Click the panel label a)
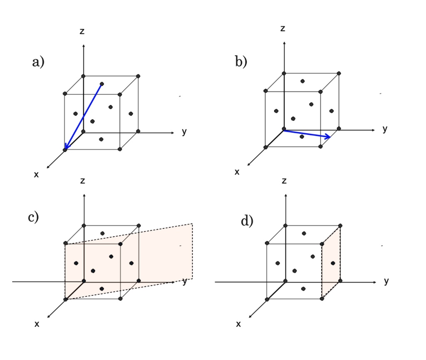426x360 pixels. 38,62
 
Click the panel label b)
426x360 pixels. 241,62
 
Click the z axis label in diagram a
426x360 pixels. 83,31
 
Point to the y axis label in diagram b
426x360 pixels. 385,129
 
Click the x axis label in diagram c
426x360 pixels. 37,324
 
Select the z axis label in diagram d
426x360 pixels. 284,181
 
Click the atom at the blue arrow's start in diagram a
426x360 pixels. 102,84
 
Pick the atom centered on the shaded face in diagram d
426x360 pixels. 332,263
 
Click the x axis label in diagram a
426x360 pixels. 36,175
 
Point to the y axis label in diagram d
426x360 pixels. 386,281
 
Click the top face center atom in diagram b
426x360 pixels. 302,81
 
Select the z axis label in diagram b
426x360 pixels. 283,29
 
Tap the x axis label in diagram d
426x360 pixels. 238,324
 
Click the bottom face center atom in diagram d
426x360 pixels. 304,288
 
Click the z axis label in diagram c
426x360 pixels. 83,181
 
